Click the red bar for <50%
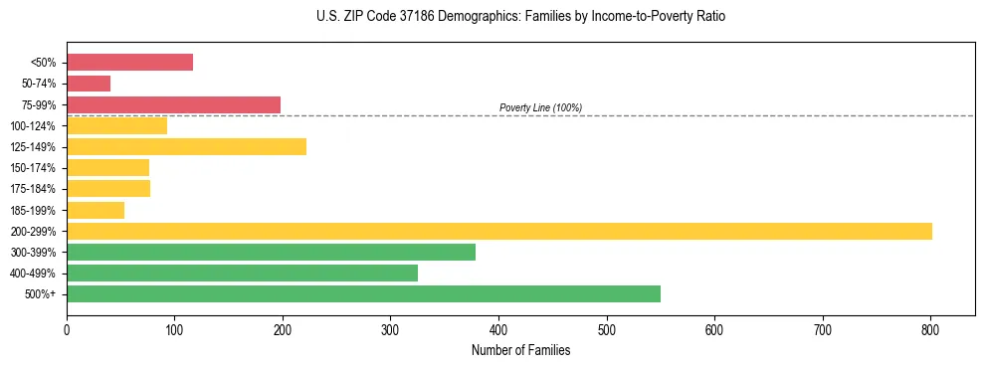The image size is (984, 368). pyautogui.click(x=129, y=62)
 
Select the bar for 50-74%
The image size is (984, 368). pyautogui.click(x=89, y=84)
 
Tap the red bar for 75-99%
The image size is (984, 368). pyautogui.click(x=173, y=104)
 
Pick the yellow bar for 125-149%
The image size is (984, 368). pyautogui.click(x=186, y=147)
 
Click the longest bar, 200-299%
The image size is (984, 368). pyautogui.click(x=498, y=232)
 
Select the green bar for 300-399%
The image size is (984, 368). pyautogui.click(x=271, y=253)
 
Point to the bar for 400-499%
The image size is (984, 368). pyautogui.click(x=242, y=274)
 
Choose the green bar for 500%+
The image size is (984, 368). pyautogui.click(x=363, y=294)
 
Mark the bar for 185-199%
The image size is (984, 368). pyautogui.click(x=96, y=210)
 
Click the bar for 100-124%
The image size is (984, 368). pyautogui.click(x=116, y=126)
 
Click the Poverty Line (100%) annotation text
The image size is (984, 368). pyautogui.click(x=540, y=107)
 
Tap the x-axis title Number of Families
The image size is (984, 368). pyautogui.click(x=520, y=350)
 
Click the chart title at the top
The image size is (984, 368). pyautogui.click(x=520, y=17)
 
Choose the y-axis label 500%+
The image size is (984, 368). pyautogui.click(x=41, y=294)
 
